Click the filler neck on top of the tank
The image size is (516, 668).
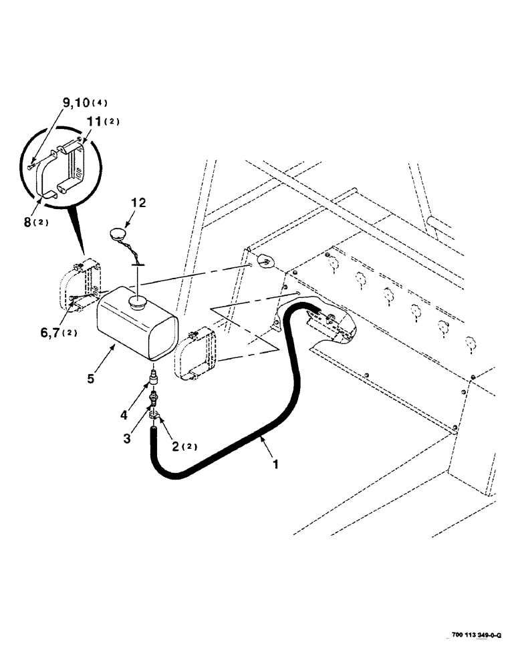pos(139,303)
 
